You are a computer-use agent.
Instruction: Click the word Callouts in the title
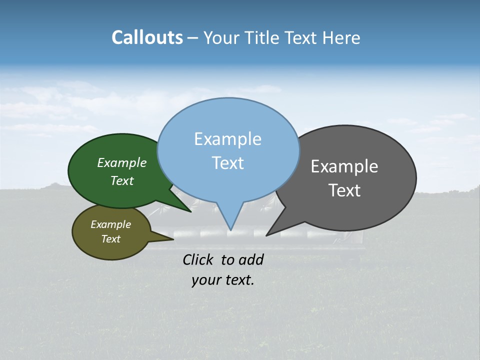147,37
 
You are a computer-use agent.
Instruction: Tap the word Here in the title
341,38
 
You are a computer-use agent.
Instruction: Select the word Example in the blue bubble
227,139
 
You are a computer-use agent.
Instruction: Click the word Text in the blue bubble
227,163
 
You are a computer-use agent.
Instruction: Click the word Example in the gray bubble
344,166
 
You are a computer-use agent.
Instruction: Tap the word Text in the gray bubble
344,190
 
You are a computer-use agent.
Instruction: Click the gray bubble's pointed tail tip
266,235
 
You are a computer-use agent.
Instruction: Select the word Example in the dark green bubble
122,163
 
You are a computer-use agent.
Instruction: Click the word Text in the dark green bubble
122,181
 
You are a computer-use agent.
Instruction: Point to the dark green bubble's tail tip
191,211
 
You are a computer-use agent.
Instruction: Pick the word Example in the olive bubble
110,224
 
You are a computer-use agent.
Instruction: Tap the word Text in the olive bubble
110,239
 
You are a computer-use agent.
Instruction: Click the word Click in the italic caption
198,259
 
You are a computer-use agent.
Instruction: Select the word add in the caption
250,259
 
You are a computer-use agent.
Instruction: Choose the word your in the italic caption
205,280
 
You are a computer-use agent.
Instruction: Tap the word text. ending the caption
239,280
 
